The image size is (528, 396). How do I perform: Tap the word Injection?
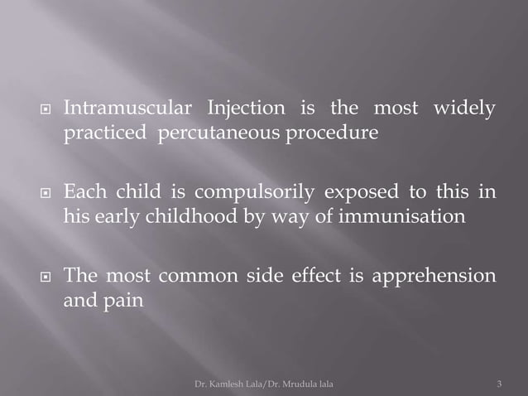[x=243, y=109]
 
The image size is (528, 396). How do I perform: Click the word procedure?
[x=334, y=135]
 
